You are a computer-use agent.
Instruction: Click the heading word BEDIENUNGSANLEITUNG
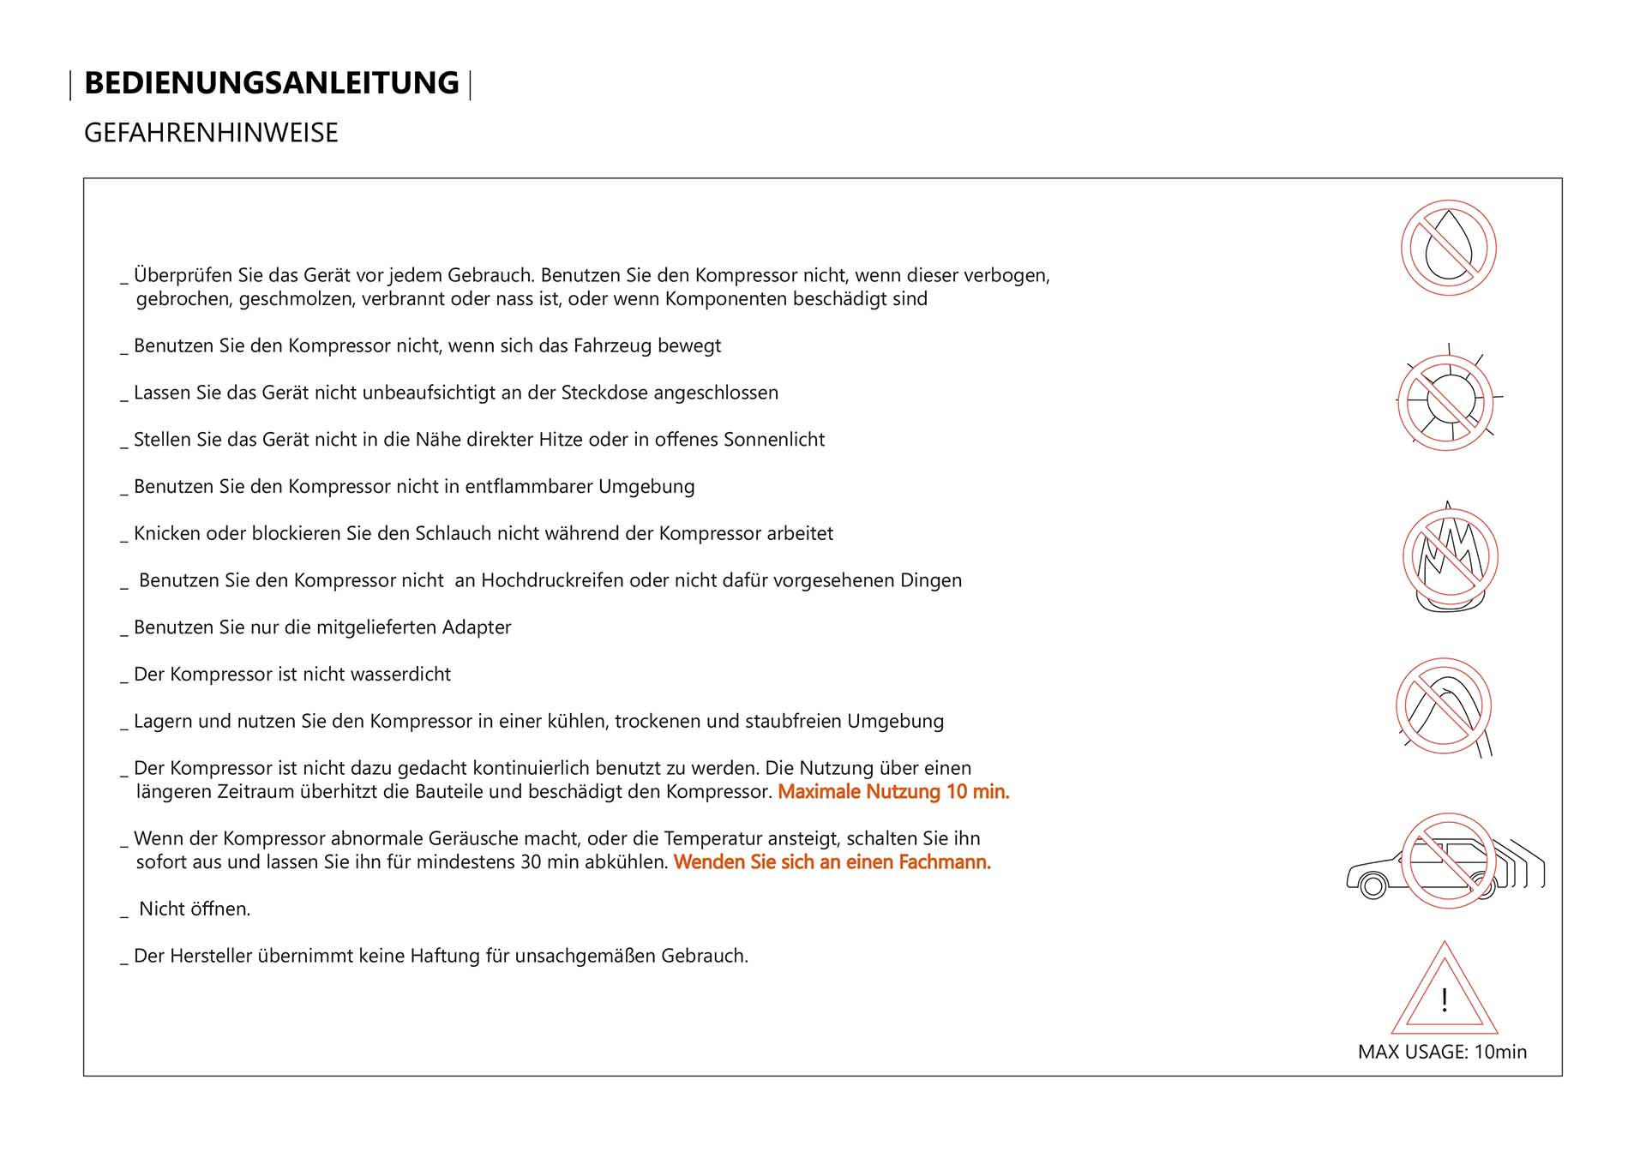pos(271,83)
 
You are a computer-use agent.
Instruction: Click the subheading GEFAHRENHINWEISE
pos(211,133)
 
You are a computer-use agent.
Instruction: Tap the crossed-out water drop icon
pos(1448,249)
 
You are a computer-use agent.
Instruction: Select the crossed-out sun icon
pos(1448,401)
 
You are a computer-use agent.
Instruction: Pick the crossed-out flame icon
pos(1450,557)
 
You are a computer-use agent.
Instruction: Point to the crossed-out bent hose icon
pos(1444,706)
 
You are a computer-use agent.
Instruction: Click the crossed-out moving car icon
pos(1448,861)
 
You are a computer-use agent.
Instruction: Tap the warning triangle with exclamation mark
pos(1445,994)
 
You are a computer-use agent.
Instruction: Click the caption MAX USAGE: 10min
pos(1442,1052)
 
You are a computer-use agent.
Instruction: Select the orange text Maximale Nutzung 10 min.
pos(893,792)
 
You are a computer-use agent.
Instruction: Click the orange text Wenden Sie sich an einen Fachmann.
pos(832,862)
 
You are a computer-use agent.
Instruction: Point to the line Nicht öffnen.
pos(195,909)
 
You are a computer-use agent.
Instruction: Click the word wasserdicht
pos(400,675)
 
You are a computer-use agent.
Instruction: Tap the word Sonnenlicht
pos(773,440)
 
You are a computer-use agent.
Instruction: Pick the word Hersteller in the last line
pos(211,956)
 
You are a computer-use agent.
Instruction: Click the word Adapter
pos(476,627)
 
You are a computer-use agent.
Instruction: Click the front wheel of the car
pos(1373,885)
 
